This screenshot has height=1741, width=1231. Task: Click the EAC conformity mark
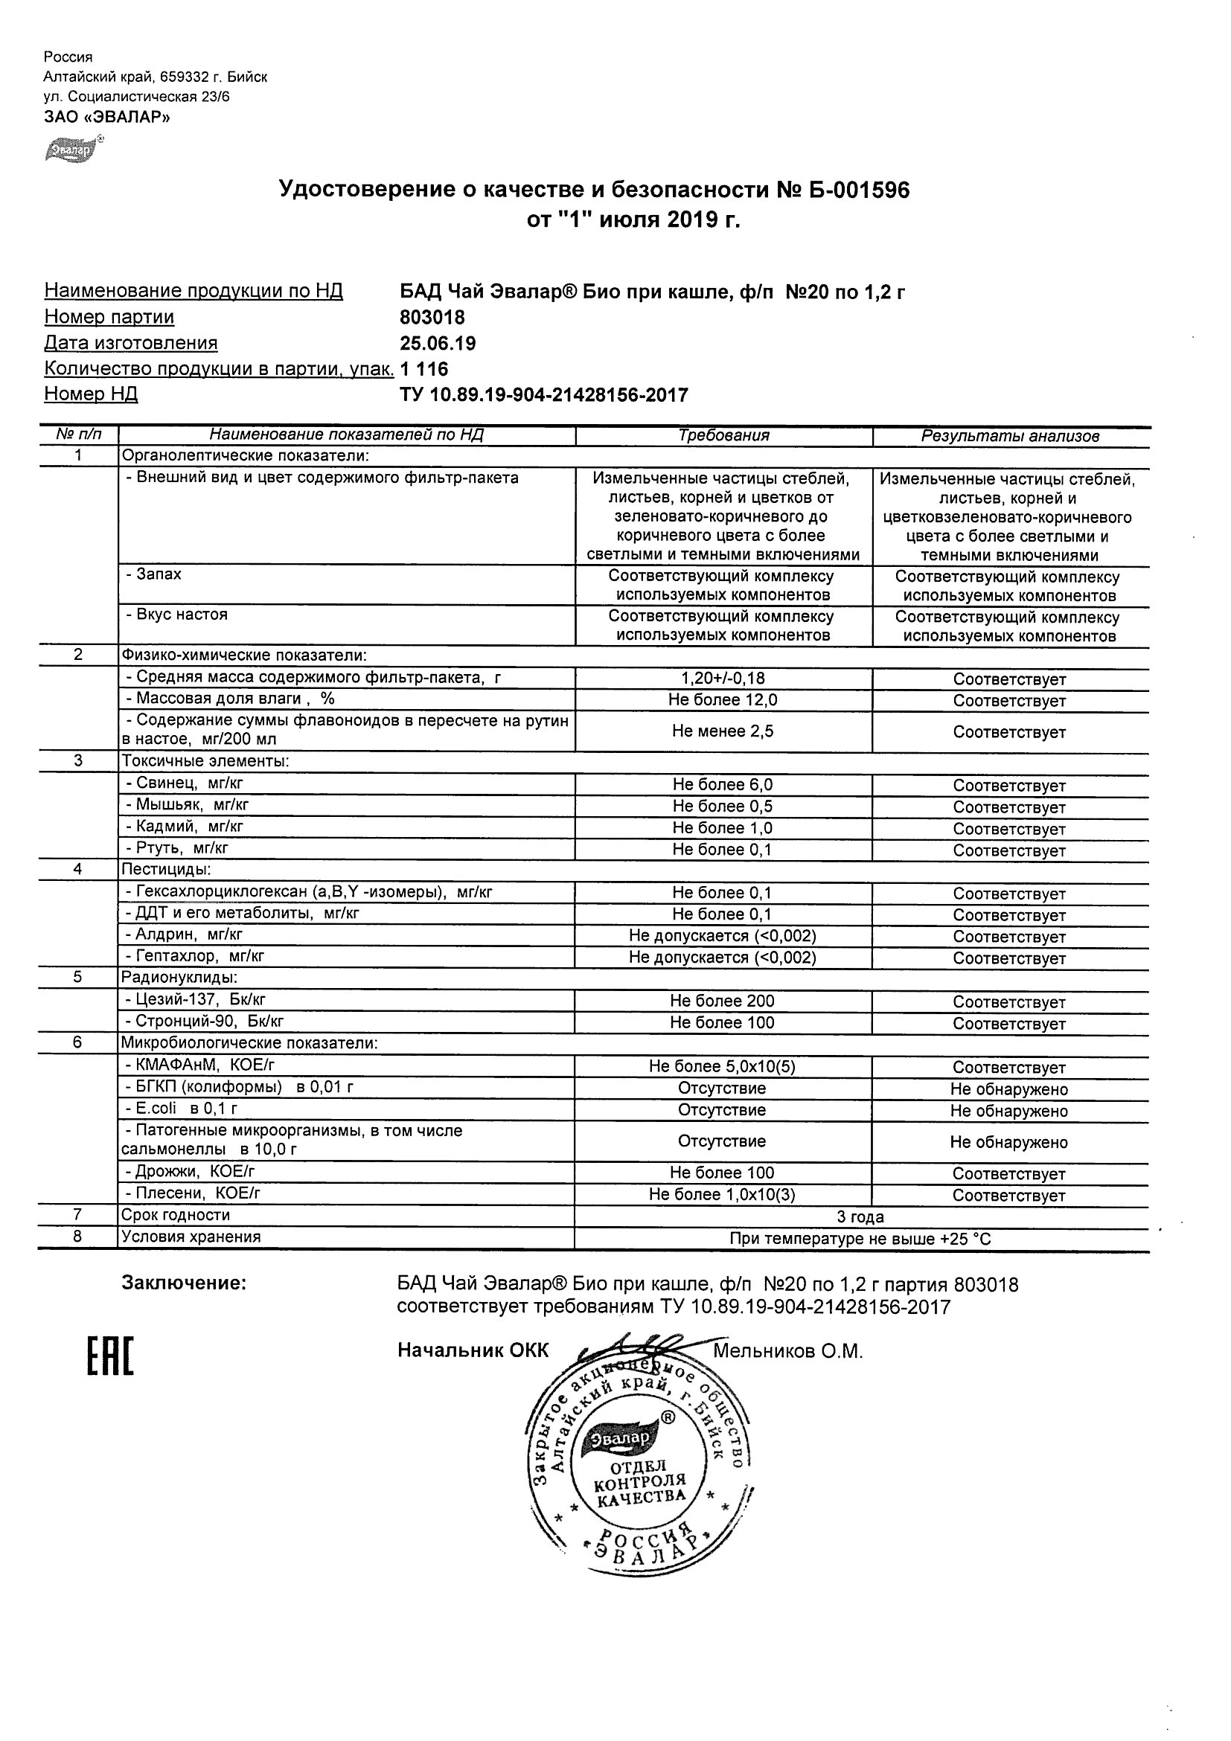[x=110, y=1357]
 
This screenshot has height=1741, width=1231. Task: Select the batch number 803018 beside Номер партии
[x=432, y=317]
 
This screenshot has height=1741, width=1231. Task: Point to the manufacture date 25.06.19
[x=438, y=344]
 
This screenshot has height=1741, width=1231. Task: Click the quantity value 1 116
[x=424, y=369]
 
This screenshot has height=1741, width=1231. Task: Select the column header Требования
[x=723, y=436]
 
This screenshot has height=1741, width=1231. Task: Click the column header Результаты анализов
[x=1009, y=436]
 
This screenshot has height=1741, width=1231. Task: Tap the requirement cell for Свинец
[x=723, y=785]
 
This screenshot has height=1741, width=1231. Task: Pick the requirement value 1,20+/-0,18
[x=723, y=679]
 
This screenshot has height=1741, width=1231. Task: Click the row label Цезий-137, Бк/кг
[x=195, y=1000]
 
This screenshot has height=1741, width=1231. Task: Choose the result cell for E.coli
[x=1008, y=1111]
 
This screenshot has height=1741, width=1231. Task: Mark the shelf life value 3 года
[x=860, y=1217]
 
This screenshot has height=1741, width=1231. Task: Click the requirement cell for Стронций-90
[x=722, y=1022]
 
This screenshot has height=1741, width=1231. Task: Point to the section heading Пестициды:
[x=166, y=869]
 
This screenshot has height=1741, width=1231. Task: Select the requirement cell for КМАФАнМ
[x=722, y=1066]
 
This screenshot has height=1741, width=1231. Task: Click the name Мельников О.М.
[x=787, y=1351]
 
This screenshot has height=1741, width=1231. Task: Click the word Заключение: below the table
[x=184, y=1283]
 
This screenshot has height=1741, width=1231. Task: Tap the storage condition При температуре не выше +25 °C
[x=860, y=1239]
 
